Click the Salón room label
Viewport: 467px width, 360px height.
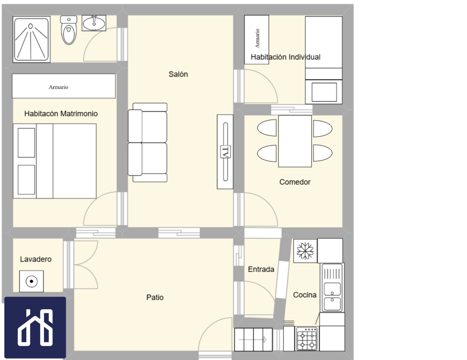click(x=178, y=74)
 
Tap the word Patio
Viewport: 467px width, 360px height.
click(x=155, y=297)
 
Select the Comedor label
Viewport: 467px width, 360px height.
click(x=295, y=182)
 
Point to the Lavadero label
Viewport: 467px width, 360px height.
click(x=36, y=259)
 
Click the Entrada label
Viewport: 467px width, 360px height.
click(x=261, y=269)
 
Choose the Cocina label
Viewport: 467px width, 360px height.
click(x=305, y=295)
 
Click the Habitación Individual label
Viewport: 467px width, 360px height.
click(x=286, y=57)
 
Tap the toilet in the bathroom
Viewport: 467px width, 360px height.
click(x=69, y=30)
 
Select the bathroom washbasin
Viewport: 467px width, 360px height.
click(x=94, y=23)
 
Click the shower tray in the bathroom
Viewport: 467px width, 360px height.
click(x=32, y=39)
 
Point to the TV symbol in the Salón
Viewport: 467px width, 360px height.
click(x=225, y=152)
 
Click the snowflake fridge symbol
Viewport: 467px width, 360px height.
click(x=305, y=251)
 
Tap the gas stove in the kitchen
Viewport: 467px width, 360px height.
click(x=307, y=339)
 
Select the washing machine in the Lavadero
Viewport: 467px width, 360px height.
click(x=32, y=281)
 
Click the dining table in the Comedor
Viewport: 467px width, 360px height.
click(x=295, y=141)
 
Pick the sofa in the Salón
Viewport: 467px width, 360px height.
click(x=147, y=142)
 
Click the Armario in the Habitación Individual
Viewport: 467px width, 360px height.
click(x=256, y=40)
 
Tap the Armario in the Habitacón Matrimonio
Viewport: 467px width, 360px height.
click(x=64, y=86)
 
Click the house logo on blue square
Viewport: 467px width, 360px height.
click(x=35, y=328)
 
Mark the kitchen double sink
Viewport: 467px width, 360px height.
click(x=332, y=288)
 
